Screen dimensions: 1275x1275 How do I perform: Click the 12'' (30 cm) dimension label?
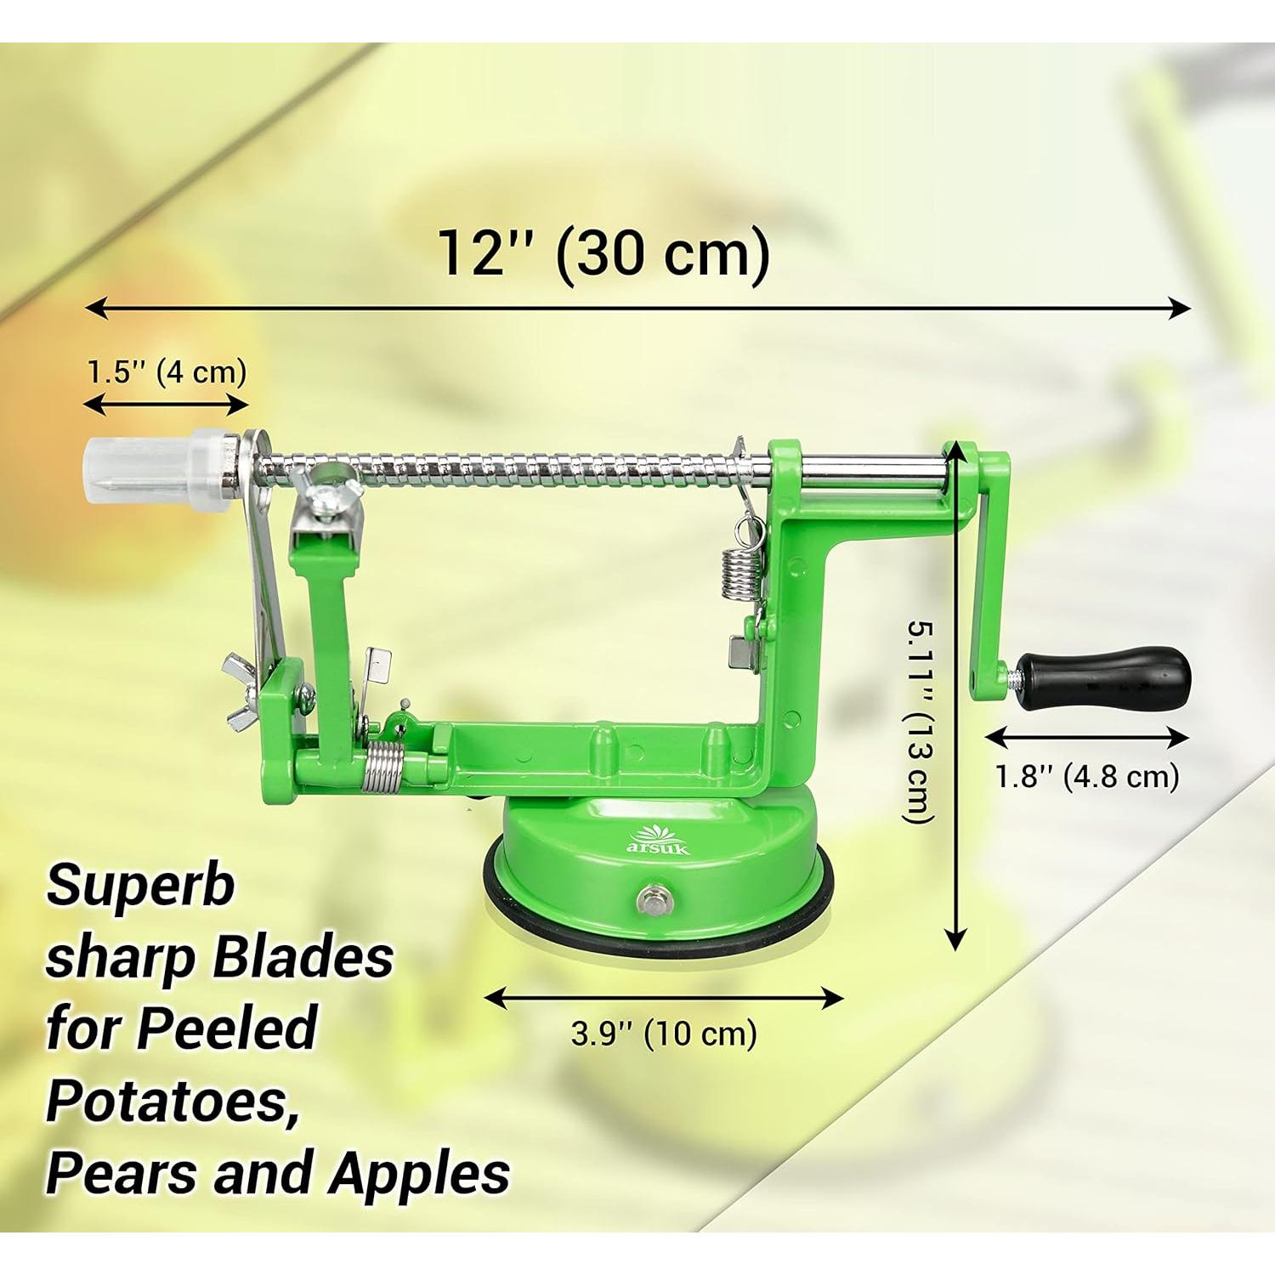point(603,253)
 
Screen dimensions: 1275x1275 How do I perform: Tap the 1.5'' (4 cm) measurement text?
point(167,371)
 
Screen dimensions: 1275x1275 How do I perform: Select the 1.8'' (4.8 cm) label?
point(1087,776)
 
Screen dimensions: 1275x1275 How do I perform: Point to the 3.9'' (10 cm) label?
point(663,1034)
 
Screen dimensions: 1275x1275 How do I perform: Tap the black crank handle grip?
point(1105,677)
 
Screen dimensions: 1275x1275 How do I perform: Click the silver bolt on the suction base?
point(653,898)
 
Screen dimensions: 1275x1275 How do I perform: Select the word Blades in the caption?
point(303,957)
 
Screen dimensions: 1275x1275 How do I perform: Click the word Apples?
point(420,1174)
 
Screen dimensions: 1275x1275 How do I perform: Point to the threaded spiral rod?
point(510,469)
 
